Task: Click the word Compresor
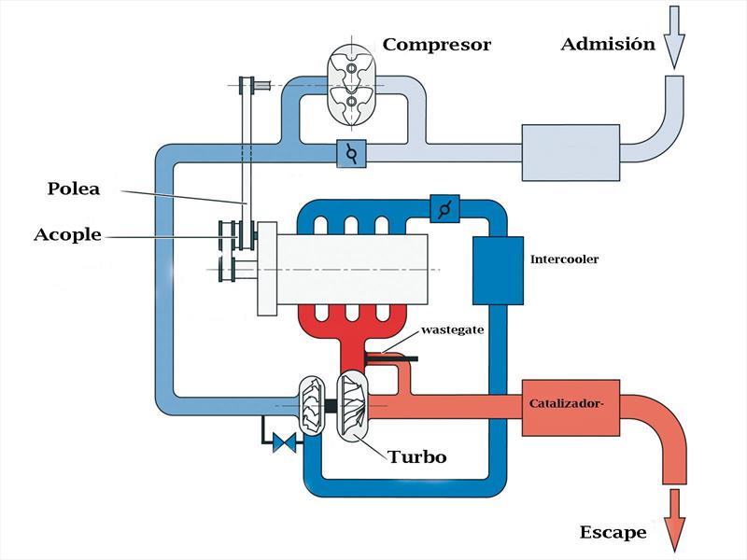[436, 44]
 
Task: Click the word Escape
[613, 533]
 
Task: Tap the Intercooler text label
[564, 259]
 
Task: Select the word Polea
[73, 189]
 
